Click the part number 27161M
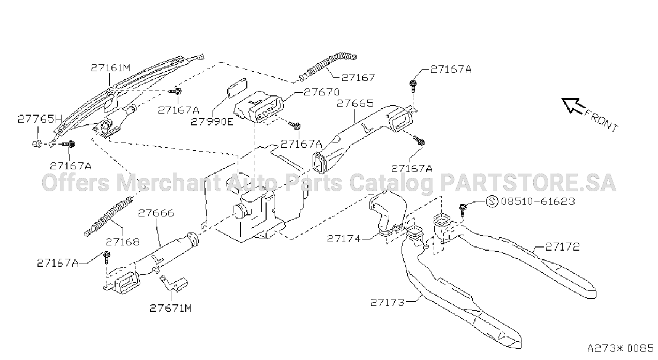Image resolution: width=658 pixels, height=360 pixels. tap(110, 68)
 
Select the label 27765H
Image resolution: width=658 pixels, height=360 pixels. tap(40, 119)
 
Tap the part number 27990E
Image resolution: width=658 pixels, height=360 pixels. tap(212, 122)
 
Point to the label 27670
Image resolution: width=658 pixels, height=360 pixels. tap(321, 92)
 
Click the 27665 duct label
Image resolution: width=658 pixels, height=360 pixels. tap(355, 103)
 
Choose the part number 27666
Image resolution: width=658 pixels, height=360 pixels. tap(156, 213)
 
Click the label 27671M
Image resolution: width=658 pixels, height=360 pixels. tap(170, 308)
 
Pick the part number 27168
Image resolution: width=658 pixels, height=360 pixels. tap(123, 242)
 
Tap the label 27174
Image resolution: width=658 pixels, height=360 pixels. tap(344, 238)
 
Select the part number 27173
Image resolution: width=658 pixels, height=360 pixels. tap(387, 302)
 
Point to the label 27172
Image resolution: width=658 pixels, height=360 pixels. tap(563, 247)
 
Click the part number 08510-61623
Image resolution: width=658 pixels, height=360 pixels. tap(538, 201)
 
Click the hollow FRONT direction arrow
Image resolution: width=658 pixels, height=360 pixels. tap(573, 106)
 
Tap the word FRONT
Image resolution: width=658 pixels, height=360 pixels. tap(601, 121)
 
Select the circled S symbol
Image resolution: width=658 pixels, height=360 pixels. tap(492, 201)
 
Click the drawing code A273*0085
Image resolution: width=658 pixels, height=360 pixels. tap(621, 348)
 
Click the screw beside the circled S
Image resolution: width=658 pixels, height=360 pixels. tap(463, 209)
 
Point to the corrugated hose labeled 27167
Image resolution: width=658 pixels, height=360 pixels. tap(328, 66)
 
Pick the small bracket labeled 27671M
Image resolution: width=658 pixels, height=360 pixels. tap(173, 283)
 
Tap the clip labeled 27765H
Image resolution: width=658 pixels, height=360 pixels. tap(37, 144)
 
